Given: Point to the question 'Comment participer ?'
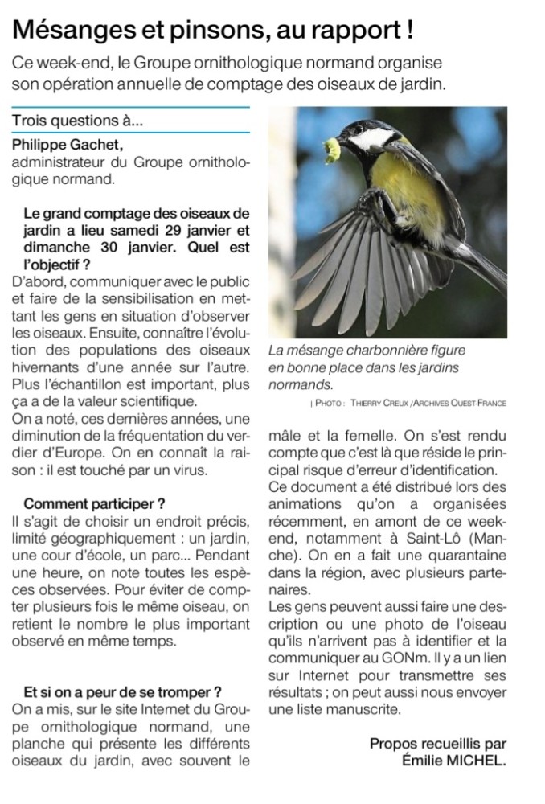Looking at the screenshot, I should pyautogui.click(x=94, y=504).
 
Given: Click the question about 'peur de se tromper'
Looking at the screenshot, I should pyautogui.click(x=122, y=691).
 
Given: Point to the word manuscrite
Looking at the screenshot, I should pyautogui.click(x=363, y=710).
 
